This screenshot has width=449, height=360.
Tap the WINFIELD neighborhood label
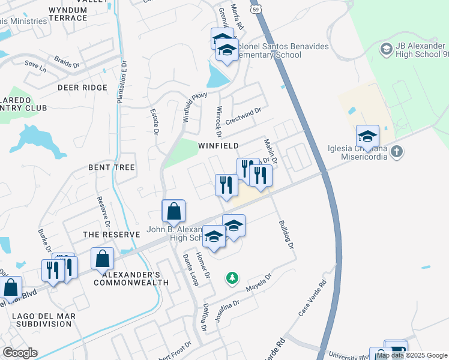[x=218, y=146]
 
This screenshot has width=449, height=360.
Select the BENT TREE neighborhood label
[x=112, y=167]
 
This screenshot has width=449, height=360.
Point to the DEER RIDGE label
[x=82, y=88]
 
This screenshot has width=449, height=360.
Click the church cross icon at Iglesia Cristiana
[x=396, y=152]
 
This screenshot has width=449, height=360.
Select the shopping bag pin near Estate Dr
[x=173, y=212]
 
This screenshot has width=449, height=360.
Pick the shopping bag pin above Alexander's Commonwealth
[x=103, y=259]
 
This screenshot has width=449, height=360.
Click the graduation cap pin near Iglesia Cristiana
[x=367, y=136]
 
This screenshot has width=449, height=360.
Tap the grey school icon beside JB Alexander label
[x=385, y=48]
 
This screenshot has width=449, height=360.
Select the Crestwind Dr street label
[x=244, y=116]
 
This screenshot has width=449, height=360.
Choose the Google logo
[x=20, y=353]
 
